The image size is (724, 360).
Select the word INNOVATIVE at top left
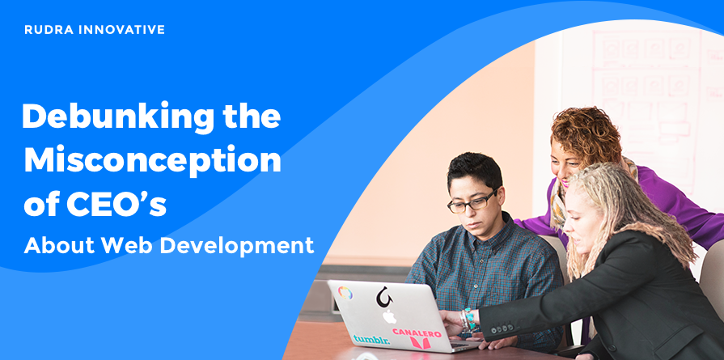pyautogui.click(x=122, y=30)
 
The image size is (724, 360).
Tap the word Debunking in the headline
pyautogui.click(x=118, y=117)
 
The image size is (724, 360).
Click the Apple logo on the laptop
pyautogui.click(x=389, y=316)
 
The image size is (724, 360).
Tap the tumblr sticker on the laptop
pyautogui.click(x=371, y=339)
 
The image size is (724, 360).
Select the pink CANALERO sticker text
pyautogui.click(x=417, y=333)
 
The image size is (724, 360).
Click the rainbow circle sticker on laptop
pyautogui.click(x=345, y=293)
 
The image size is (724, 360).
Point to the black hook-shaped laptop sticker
pyautogui.click(x=383, y=297)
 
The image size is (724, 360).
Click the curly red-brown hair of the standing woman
pyautogui.click(x=586, y=134)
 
